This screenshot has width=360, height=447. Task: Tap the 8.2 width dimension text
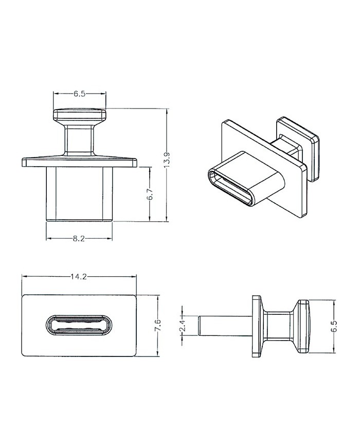(79, 238)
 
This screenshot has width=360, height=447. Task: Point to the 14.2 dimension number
(79, 277)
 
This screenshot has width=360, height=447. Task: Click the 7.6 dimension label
(157, 325)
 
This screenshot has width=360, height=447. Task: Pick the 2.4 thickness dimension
(183, 325)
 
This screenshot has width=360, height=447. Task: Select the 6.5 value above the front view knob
(80, 94)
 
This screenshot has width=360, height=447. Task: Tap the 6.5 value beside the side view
(334, 326)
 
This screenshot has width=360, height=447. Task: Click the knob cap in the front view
(80, 114)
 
